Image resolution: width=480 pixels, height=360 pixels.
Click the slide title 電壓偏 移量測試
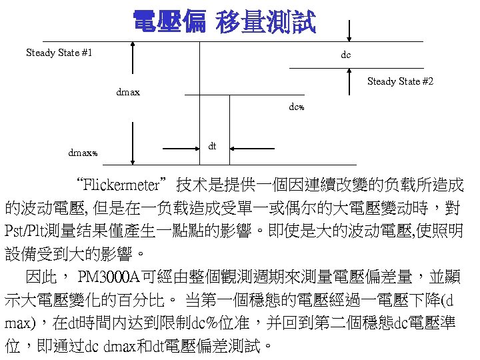225,22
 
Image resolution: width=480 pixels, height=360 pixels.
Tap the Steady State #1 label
59,52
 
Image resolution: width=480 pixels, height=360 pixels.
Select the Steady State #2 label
400,81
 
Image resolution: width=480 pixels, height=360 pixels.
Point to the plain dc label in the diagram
345,55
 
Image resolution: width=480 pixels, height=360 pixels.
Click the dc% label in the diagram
297,106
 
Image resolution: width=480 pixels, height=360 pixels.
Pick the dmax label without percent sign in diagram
128,92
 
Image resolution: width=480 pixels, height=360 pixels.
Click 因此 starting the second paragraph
37,276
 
